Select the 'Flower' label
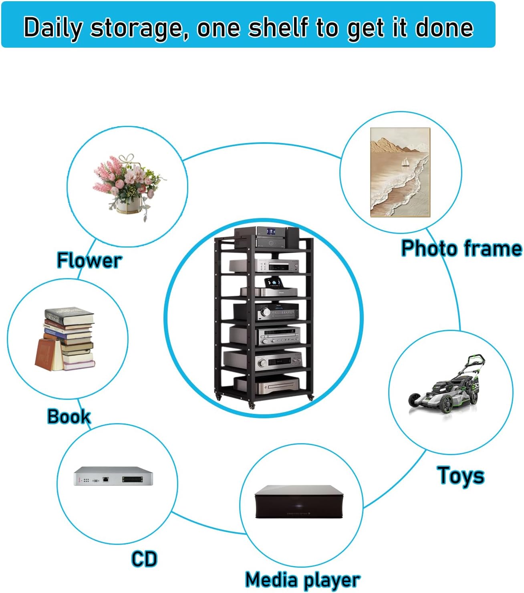tap(89, 260)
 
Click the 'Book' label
tap(69, 416)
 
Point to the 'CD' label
tap(144, 559)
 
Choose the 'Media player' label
tap(302, 580)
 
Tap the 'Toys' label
tap(461, 476)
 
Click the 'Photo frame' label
tap(462, 248)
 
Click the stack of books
tap(68, 339)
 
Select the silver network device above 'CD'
tap(113, 476)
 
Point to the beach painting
tap(400, 172)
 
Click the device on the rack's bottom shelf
tap(266, 384)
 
